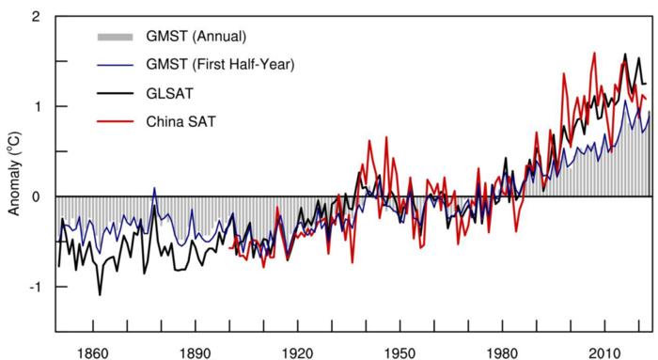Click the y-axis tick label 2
(35, 17)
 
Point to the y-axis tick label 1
(35, 106)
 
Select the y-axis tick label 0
(35, 196)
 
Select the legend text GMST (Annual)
(190, 37)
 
